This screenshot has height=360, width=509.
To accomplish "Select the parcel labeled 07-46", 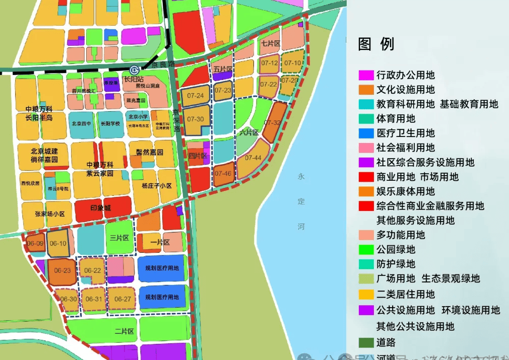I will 223,173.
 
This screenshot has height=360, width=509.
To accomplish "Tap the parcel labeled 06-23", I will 62,270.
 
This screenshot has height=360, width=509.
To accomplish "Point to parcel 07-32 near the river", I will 273,122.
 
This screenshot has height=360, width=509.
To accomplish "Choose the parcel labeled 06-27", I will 122,299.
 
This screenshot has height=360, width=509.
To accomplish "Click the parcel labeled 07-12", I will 269,63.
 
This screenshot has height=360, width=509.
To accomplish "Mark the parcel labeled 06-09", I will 35,244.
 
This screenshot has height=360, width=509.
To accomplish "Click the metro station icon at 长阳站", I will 134,70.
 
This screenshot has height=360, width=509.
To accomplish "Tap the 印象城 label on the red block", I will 100,208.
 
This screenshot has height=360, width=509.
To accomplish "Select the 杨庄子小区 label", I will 157,186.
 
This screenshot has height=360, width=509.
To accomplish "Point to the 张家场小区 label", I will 50,213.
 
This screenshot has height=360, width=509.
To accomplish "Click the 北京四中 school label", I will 82,123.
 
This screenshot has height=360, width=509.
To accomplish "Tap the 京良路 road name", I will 163,64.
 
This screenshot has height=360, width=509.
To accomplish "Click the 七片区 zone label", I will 270,44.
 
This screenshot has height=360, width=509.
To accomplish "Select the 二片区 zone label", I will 124,331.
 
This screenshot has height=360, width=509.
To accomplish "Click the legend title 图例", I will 376,44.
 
